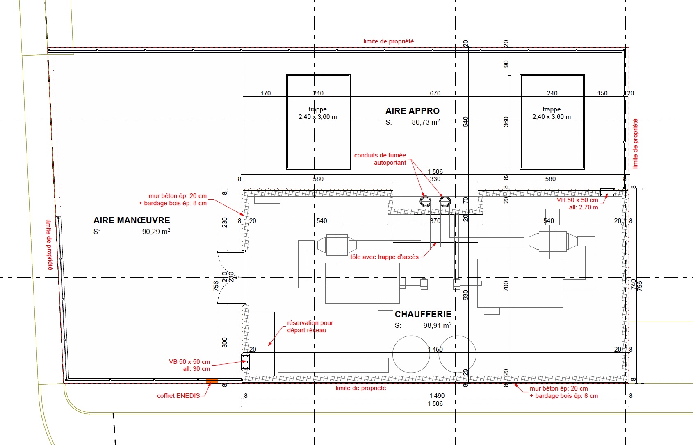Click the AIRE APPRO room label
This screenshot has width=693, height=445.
[x=413, y=111]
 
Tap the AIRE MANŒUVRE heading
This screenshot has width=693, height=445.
[x=132, y=220]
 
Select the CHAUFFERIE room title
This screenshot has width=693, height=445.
[x=423, y=314]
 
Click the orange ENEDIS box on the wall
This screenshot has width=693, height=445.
[x=212, y=381]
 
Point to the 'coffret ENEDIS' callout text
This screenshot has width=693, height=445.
[x=178, y=396]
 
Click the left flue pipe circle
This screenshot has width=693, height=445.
[x=425, y=202]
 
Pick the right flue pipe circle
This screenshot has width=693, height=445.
[x=445, y=202]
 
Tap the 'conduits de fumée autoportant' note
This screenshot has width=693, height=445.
[x=380, y=159]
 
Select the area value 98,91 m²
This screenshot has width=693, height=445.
[x=438, y=325]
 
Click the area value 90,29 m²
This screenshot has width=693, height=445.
[x=156, y=232]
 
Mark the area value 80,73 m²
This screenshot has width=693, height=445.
[x=426, y=122]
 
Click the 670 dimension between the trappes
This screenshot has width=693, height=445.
[x=435, y=93]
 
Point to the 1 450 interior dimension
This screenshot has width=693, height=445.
[x=435, y=350]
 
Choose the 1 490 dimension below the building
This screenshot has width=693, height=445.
[x=437, y=396]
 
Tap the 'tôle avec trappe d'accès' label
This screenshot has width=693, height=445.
[x=384, y=257]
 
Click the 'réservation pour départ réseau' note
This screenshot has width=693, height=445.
[x=310, y=327]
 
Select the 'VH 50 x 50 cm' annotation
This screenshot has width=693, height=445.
[x=577, y=200]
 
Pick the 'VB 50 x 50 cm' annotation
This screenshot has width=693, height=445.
[x=189, y=362]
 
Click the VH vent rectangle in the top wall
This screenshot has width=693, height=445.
[x=607, y=193]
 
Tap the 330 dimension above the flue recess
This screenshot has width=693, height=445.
[x=435, y=179]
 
